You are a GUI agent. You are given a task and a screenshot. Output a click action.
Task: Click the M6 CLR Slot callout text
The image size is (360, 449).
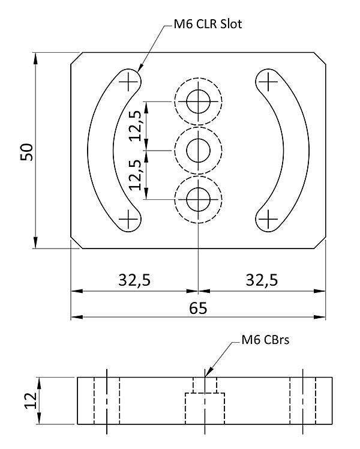[207, 25]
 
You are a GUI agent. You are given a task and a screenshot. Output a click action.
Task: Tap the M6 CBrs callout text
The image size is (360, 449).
[265, 340]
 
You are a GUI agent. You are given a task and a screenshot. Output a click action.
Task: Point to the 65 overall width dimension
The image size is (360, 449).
[198, 308]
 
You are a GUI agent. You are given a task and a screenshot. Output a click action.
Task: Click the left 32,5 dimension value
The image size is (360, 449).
[133, 281]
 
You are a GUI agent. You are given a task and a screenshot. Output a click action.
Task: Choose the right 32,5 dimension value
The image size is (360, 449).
[262, 281]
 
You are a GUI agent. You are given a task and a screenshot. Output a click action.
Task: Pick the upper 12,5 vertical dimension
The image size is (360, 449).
[136, 125]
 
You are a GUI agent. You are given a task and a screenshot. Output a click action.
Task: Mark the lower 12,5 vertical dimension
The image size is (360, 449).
[136, 175]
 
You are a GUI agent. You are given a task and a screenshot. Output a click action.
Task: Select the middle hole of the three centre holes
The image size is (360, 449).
[198, 150]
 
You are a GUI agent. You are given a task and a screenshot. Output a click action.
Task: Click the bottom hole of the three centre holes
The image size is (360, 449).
[198, 199]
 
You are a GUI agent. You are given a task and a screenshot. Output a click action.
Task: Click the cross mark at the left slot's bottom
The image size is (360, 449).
[128, 220]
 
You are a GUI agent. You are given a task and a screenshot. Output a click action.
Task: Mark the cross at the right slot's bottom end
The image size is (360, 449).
[268, 220]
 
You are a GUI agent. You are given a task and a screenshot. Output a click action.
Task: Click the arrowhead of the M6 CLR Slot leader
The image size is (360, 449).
[140, 69]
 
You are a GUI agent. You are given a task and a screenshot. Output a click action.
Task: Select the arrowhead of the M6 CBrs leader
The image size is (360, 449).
[206, 375]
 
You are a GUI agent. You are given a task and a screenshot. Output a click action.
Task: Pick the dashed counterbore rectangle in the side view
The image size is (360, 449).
[205, 408]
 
